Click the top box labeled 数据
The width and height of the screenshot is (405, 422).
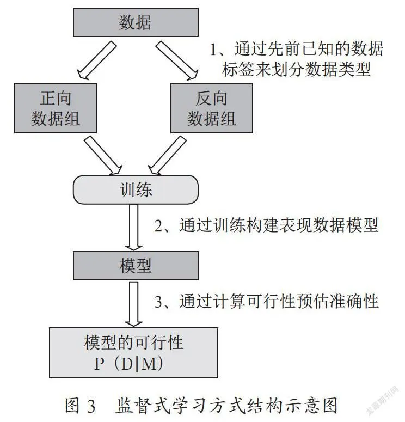(x=136, y=22)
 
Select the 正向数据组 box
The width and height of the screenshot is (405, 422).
(x=56, y=108)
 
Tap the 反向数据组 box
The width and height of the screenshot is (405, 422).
(x=212, y=108)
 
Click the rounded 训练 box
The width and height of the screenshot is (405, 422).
(x=136, y=189)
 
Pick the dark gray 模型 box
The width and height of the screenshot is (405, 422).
(x=136, y=266)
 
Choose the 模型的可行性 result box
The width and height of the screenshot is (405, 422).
(x=133, y=352)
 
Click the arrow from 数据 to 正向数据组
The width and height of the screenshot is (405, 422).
(x=97, y=60)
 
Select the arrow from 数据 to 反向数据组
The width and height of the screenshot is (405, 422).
(x=177, y=60)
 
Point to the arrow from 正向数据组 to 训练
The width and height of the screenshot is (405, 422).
(x=103, y=155)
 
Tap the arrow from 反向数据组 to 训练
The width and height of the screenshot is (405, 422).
(x=167, y=155)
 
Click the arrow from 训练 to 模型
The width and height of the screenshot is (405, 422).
(x=134, y=228)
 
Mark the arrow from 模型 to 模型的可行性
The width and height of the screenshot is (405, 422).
(x=134, y=304)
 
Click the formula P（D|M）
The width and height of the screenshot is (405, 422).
(x=128, y=364)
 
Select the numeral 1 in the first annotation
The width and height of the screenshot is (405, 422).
(x=213, y=50)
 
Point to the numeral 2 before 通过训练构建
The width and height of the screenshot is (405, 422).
(x=158, y=225)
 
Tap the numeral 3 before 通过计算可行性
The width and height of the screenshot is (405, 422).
(x=158, y=302)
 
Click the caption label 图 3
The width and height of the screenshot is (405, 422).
(x=80, y=405)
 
